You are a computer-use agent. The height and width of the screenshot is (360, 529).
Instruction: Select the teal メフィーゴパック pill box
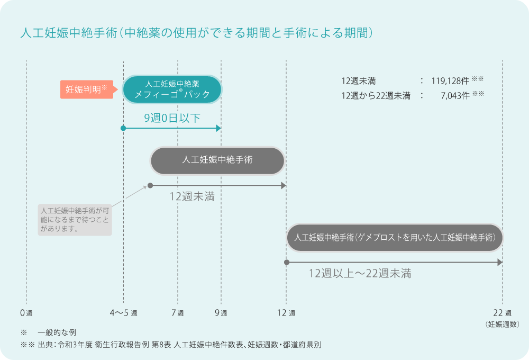[x=172, y=89]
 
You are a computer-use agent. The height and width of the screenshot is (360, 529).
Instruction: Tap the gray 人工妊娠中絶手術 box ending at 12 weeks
[x=217, y=160]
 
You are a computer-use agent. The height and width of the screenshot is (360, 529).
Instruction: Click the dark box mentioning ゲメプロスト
[x=394, y=238]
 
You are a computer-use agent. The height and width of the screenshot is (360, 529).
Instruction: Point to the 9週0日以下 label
[x=172, y=118]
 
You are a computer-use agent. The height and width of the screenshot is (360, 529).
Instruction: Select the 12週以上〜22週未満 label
[x=360, y=274]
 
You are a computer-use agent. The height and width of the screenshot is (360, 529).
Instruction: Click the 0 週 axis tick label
[x=26, y=313]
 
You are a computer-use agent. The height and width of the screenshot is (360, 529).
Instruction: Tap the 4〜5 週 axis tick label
[x=123, y=313]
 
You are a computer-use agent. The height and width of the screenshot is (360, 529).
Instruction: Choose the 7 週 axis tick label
[x=178, y=313]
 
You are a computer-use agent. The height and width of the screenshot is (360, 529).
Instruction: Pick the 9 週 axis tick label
[x=221, y=313]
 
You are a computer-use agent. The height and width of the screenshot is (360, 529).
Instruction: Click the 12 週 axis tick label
[x=286, y=313]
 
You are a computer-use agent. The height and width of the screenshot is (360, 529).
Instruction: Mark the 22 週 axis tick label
[x=501, y=313]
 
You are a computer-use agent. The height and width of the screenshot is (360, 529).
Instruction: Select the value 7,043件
[x=454, y=96]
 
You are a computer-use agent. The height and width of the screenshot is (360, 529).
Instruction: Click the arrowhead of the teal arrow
[x=218, y=128]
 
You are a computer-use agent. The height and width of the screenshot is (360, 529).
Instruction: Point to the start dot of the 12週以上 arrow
[x=286, y=262]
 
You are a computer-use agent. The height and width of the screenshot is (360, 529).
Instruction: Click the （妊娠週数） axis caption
[x=501, y=324]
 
